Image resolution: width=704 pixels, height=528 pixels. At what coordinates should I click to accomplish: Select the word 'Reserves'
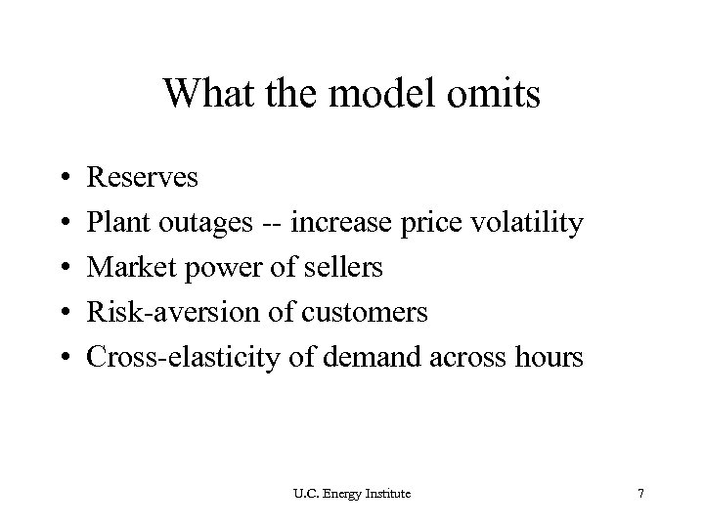pyautogui.click(x=143, y=178)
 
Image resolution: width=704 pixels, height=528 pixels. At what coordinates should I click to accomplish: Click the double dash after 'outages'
pyautogui.click(x=258, y=224)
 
